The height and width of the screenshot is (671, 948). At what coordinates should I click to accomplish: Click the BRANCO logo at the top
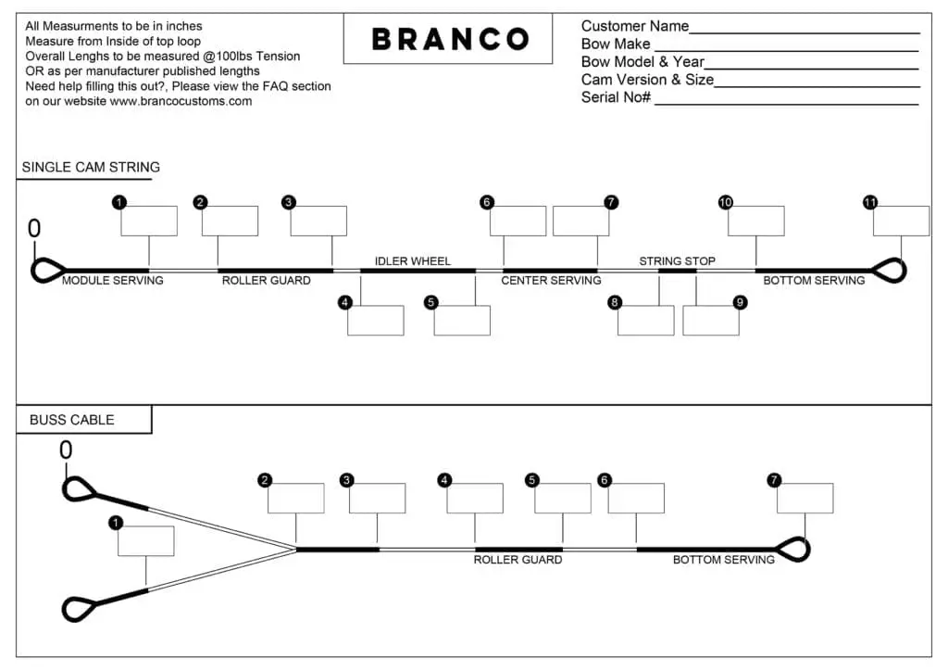pyautogui.click(x=450, y=39)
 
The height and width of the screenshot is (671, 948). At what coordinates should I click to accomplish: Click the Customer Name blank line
pyautogui.click(x=805, y=32)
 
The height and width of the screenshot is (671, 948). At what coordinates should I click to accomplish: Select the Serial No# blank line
pyautogui.click(x=787, y=105)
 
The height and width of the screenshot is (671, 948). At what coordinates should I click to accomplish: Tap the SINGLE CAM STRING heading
pyautogui.click(x=91, y=167)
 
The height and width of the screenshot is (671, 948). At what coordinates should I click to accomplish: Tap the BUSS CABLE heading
pyautogui.click(x=72, y=420)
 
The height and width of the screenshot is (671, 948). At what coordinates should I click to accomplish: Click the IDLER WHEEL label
pyautogui.click(x=412, y=260)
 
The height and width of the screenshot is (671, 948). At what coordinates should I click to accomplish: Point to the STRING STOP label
pyautogui.click(x=677, y=260)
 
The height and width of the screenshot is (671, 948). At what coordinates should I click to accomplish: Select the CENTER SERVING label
pyautogui.click(x=551, y=280)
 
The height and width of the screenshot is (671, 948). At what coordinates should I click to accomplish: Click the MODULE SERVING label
pyautogui.click(x=112, y=280)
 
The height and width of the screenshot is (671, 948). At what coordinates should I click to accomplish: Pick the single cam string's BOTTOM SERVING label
pyautogui.click(x=814, y=280)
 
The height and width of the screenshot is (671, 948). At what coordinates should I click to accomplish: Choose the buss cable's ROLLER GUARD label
pyautogui.click(x=518, y=560)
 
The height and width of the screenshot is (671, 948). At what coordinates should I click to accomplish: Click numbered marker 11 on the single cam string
pyautogui.click(x=870, y=202)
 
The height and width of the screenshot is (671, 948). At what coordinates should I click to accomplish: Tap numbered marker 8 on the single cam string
pyautogui.click(x=615, y=302)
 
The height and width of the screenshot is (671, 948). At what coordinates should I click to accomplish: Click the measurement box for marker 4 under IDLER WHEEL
pyautogui.click(x=376, y=320)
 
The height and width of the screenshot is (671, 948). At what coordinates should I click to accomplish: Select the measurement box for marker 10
pyautogui.click(x=755, y=221)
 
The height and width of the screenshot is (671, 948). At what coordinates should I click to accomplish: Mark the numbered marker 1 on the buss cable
pyautogui.click(x=116, y=522)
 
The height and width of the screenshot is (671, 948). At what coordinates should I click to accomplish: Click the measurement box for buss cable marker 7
pyautogui.click(x=805, y=498)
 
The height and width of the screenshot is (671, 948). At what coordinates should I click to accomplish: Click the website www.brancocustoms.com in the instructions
pyautogui.click(x=181, y=101)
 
